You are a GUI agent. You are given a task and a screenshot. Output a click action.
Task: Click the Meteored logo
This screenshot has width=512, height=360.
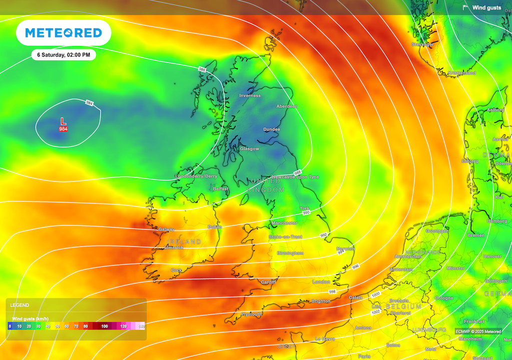click(x=63, y=33)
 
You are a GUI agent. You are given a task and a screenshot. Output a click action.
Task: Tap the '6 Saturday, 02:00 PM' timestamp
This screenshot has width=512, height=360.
click(x=63, y=55)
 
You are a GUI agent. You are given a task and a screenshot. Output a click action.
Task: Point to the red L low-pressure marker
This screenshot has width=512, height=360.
click(x=63, y=121)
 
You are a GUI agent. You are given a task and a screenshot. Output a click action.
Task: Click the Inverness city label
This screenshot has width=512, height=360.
click(x=250, y=95)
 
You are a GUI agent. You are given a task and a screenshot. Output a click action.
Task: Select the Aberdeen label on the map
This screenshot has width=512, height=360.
click(x=287, y=106)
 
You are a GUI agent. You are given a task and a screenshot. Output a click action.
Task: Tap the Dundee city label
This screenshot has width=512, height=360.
click(x=272, y=129)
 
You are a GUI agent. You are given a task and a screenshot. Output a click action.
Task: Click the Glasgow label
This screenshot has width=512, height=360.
click(x=249, y=149)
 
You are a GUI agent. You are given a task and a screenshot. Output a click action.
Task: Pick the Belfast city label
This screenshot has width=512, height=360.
click(x=220, y=189)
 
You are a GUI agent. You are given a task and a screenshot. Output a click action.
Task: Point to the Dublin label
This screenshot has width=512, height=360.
click(x=214, y=226)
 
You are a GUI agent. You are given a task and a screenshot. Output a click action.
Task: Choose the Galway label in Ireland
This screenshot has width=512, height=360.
click(x=166, y=229)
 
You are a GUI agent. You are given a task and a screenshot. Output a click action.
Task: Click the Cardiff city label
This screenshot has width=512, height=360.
click(x=268, y=282)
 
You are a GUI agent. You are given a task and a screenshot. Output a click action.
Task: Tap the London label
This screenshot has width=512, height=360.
click(x=321, y=282)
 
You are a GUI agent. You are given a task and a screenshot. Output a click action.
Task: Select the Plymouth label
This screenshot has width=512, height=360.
click(x=251, y=314)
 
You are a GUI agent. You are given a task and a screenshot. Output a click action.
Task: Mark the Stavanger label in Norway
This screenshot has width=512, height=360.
click(x=422, y=44)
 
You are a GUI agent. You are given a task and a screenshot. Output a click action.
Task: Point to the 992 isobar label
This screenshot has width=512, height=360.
click(x=324, y=234)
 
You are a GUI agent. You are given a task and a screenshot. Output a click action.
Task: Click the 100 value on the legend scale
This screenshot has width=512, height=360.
click(x=104, y=326)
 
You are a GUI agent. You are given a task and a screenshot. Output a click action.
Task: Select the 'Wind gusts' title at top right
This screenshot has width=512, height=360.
click(x=486, y=7)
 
